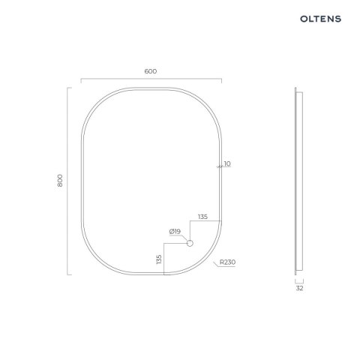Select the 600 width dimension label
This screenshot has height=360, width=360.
click(151, 71)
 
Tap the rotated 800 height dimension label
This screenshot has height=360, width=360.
click(60, 181)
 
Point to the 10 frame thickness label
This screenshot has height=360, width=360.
click(227, 163)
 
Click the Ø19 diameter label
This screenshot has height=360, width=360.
click(175, 232)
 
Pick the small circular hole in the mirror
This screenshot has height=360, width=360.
click(190, 244)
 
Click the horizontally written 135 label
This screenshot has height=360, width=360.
click(202, 217)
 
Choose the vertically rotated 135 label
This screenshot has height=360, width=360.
click(159, 259)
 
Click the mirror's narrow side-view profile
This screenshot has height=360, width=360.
click(301, 181)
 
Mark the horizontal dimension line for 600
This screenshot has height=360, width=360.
click(151, 79)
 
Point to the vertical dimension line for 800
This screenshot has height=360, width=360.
click(68, 181)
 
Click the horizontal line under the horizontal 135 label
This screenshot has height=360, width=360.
click(206, 221)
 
